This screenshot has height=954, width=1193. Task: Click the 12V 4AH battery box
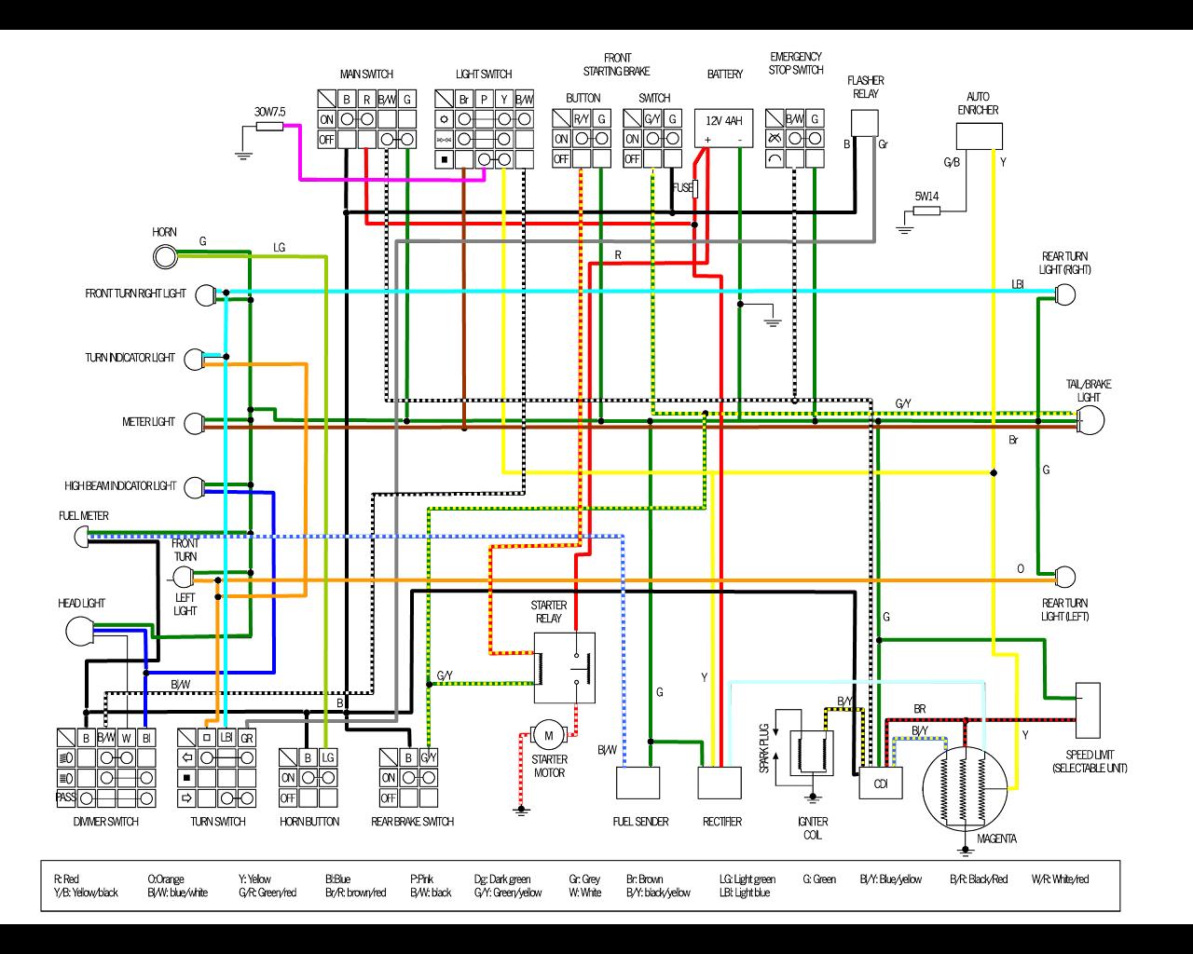tap(723, 128)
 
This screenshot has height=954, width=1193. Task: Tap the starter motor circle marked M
tap(549, 736)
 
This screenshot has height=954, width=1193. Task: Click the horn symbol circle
tap(165, 255)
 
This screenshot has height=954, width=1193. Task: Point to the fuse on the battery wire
tap(695, 188)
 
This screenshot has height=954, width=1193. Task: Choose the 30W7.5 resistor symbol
tap(269, 126)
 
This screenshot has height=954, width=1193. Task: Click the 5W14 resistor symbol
tap(926, 211)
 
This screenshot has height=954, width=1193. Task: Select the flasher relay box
tap(865, 123)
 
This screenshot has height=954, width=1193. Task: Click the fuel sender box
tap(638, 784)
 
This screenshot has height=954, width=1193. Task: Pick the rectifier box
tap(720, 784)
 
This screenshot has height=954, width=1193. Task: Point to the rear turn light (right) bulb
tap(1065, 295)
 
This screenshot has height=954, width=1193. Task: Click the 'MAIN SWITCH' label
tap(365, 75)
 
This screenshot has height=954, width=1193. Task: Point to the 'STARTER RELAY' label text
tap(549, 611)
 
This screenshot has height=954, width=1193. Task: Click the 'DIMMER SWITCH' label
tap(105, 822)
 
